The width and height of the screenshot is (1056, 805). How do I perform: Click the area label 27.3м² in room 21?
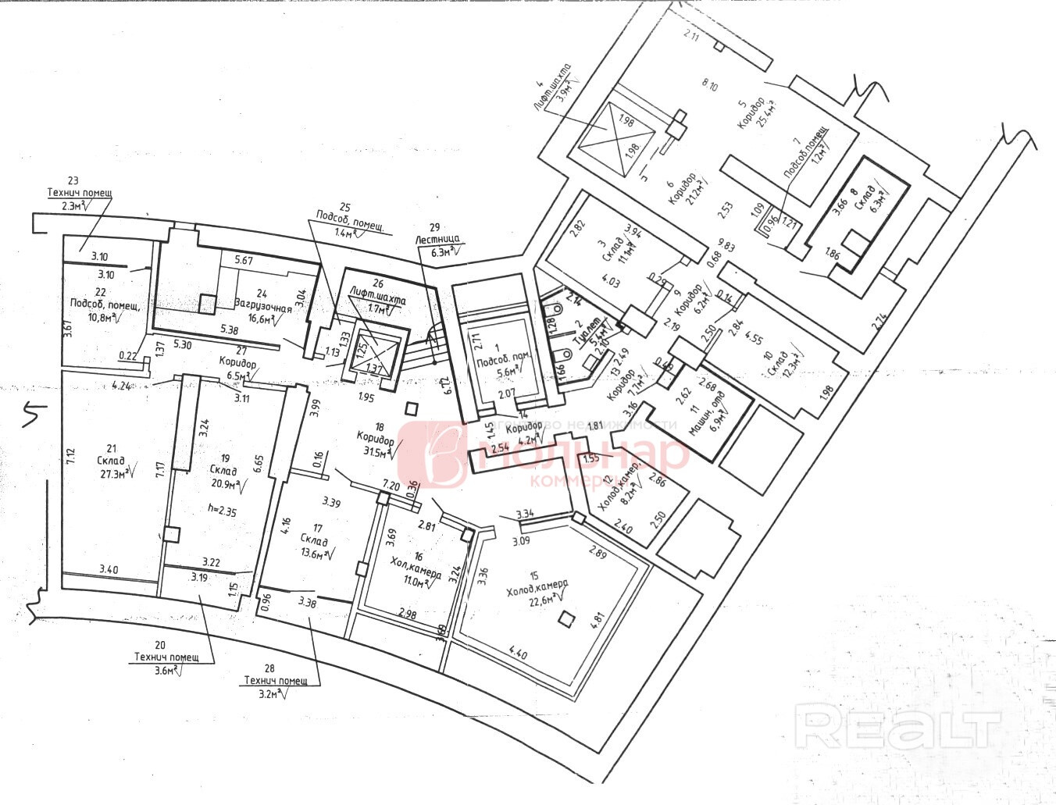112,472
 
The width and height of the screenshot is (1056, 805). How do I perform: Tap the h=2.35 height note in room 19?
222,511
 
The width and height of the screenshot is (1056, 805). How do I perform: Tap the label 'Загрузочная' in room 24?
262,307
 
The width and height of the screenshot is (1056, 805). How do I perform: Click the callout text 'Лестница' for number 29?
437,240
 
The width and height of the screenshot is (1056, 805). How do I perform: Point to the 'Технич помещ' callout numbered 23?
80,192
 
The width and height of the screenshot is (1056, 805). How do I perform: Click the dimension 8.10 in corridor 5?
709,86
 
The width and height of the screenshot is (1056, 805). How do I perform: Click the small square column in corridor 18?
412,407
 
